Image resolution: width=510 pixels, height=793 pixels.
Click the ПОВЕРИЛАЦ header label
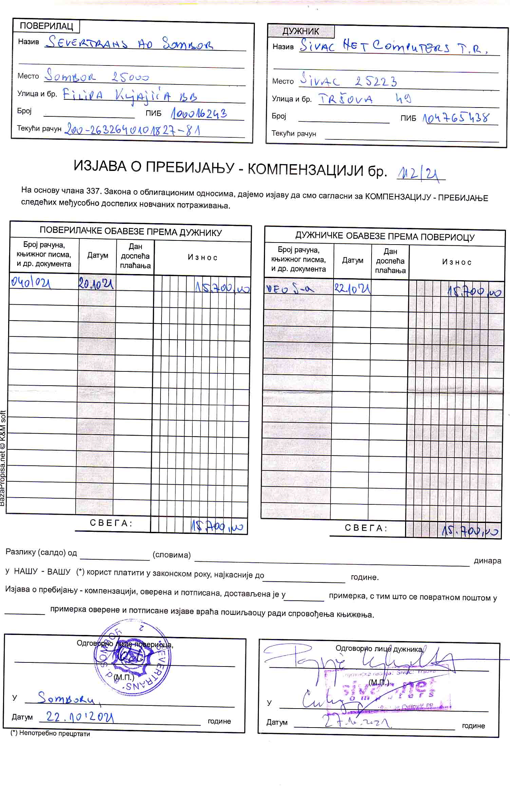pos(46,26)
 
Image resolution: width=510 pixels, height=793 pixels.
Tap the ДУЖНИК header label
pos(301,31)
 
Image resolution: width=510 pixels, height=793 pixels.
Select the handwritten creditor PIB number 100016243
pos(199,114)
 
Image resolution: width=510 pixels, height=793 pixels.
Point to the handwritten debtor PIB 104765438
pos(456,118)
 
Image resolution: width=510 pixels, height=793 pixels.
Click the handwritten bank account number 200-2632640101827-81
pos(132,130)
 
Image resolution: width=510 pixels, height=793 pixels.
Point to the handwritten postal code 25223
pos(376,81)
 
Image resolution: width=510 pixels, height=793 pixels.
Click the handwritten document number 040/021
pos(31,282)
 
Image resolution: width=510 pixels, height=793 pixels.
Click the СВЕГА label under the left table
pos(111,523)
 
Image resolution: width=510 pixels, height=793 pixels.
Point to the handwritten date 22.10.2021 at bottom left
pos(80,717)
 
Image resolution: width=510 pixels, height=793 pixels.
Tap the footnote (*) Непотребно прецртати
pos(50,734)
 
